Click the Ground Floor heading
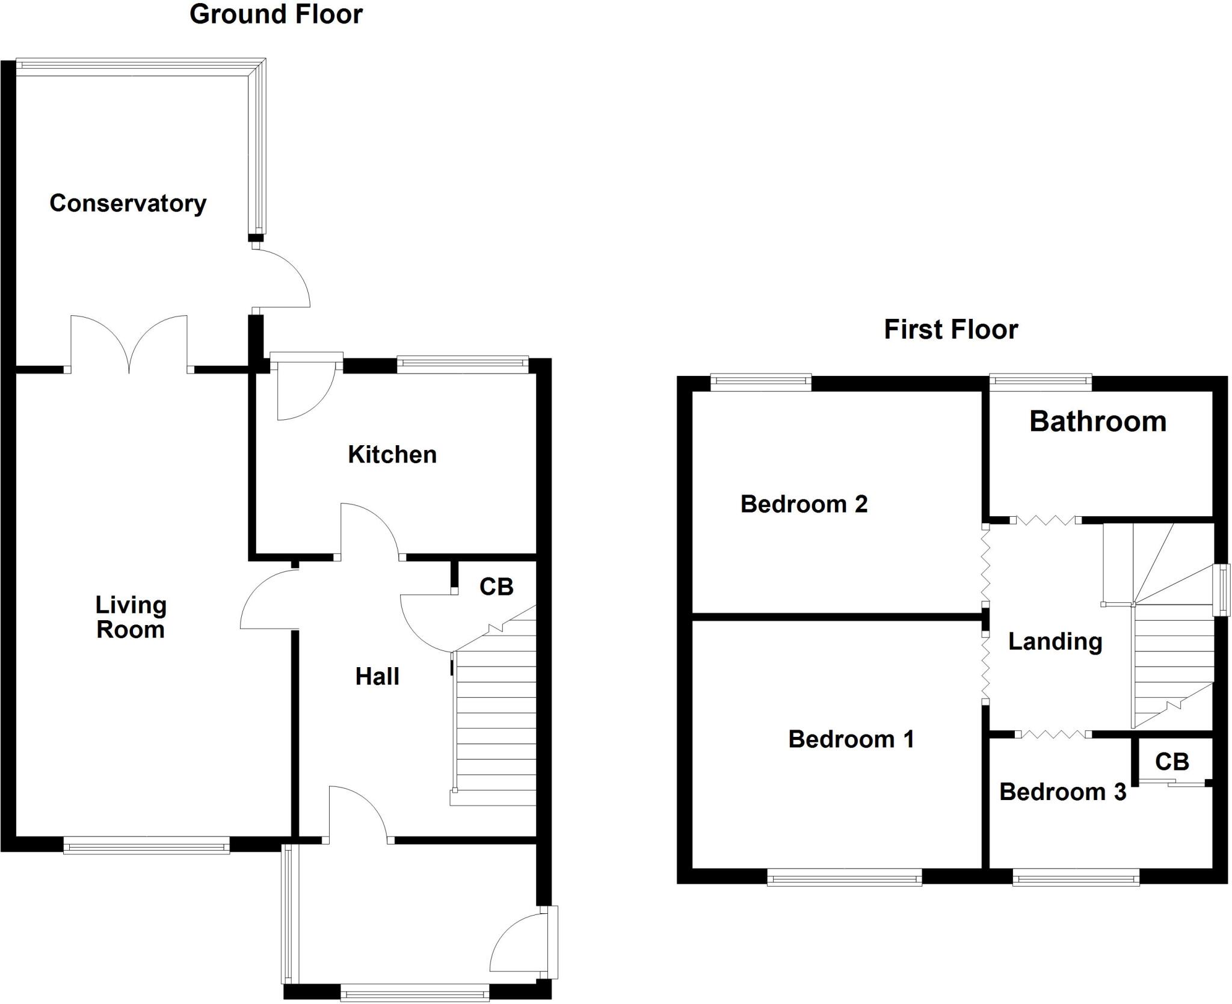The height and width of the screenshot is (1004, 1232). [276, 14]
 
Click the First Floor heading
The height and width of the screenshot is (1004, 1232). [950, 330]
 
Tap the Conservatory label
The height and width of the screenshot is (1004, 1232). [128, 203]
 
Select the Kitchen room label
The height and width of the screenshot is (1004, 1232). [392, 455]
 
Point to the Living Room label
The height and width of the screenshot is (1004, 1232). [131, 617]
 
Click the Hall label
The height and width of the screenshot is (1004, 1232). [377, 677]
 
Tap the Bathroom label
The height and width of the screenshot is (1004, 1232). [1098, 421]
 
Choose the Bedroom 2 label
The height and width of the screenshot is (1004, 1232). [804, 504]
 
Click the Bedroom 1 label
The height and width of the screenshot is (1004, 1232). [851, 739]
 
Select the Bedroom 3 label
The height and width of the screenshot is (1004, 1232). [1062, 792]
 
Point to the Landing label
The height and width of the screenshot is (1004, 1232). [1055, 641]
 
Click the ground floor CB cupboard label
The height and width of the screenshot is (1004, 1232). [496, 587]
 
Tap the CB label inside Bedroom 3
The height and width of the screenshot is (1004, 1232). [1172, 762]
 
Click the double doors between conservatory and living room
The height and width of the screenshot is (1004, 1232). [129, 346]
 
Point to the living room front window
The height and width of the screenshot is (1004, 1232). [146, 848]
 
